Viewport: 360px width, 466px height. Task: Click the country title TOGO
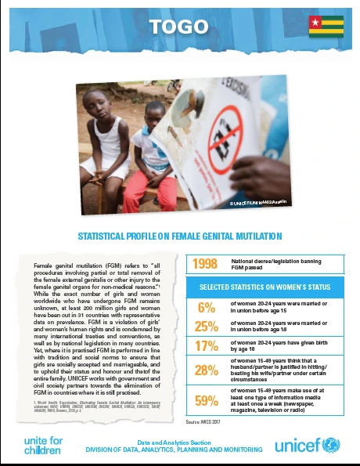coord(180,27)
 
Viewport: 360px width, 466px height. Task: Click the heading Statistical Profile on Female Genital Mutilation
coord(180,235)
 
